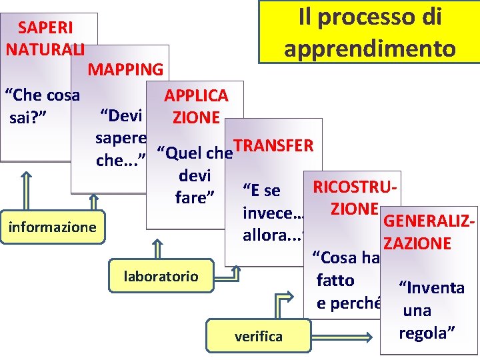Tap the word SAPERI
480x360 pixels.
coord(45,28)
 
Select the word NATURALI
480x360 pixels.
coord(45,49)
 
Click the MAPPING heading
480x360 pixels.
coord(125,69)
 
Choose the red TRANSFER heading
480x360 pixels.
coord(273,146)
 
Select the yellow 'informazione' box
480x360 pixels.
coord(52,227)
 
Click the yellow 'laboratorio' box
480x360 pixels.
coord(161,275)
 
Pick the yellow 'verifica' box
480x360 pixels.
coord(258,336)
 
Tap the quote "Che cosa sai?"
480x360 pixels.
coord(41,107)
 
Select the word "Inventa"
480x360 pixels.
coord(431,288)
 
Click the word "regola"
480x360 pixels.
coord(427,333)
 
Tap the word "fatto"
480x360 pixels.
coord(335,281)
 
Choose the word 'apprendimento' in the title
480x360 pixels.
coord(370,49)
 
